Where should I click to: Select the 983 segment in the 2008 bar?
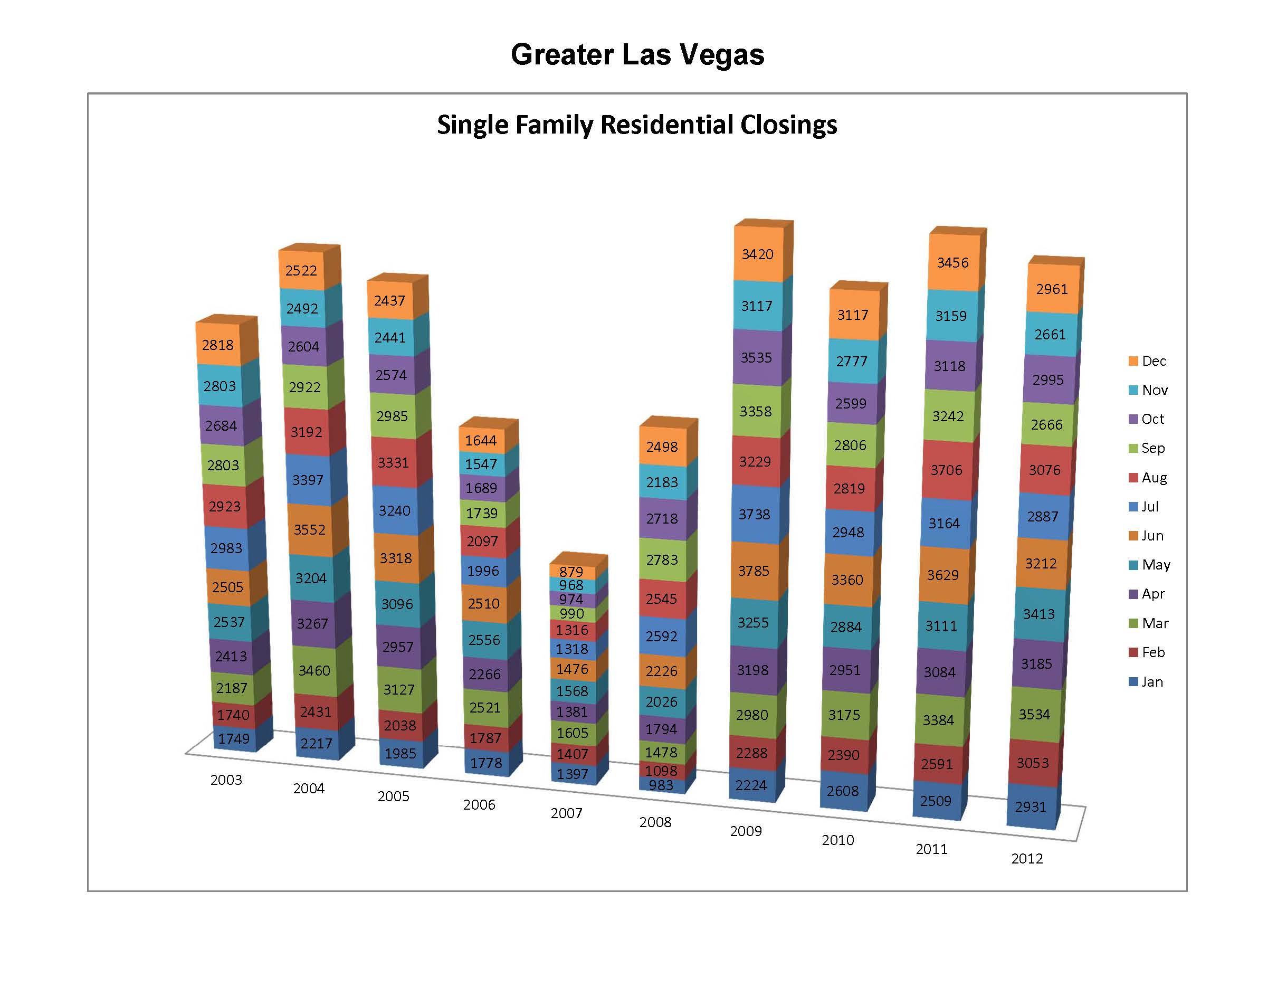point(661,785)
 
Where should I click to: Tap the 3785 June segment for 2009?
point(754,571)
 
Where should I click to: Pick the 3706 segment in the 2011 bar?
point(947,470)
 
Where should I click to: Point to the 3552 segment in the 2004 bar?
point(309,529)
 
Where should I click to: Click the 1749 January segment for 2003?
point(234,738)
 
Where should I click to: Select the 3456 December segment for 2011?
point(953,262)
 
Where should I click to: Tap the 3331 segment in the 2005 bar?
point(393,462)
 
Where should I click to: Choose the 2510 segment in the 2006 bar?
point(483,603)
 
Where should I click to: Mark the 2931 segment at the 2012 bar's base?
point(1030,807)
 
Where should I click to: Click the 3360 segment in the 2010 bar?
point(847,580)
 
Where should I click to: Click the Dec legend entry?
point(1148,361)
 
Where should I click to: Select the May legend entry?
point(1149,565)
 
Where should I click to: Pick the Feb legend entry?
point(1147,652)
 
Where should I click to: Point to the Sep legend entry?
point(1147,448)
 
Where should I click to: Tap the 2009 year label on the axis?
point(746,831)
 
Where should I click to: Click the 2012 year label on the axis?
point(1027,858)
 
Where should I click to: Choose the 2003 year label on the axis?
point(226,780)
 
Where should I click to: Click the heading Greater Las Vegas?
point(637,54)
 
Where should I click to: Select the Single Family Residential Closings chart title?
point(637,125)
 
